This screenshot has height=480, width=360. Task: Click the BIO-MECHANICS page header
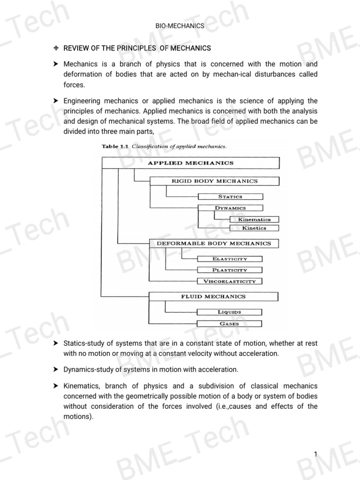(180, 26)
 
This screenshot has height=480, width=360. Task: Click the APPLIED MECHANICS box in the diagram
(190, 163)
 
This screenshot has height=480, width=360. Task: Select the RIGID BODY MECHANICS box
(214, 181)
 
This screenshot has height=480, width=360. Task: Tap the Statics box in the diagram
(230, 197)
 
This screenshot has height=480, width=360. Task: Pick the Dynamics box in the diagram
(230, 208)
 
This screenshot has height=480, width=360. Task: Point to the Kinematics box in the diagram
(254, 219)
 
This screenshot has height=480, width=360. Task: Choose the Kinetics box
(254, 228)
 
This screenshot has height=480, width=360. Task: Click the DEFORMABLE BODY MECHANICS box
(213, 243)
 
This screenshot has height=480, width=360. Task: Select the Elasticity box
(230, 259)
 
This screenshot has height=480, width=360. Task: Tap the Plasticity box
(230, 270)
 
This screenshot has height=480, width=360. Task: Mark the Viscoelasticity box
(230, 281)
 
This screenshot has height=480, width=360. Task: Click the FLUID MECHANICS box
(213, 297)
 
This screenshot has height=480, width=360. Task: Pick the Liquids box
(230, 312)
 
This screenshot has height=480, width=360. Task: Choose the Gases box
(230, 323)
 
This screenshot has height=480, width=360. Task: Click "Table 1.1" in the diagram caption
(116, 146)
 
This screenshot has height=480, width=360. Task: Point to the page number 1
(316, 454)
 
